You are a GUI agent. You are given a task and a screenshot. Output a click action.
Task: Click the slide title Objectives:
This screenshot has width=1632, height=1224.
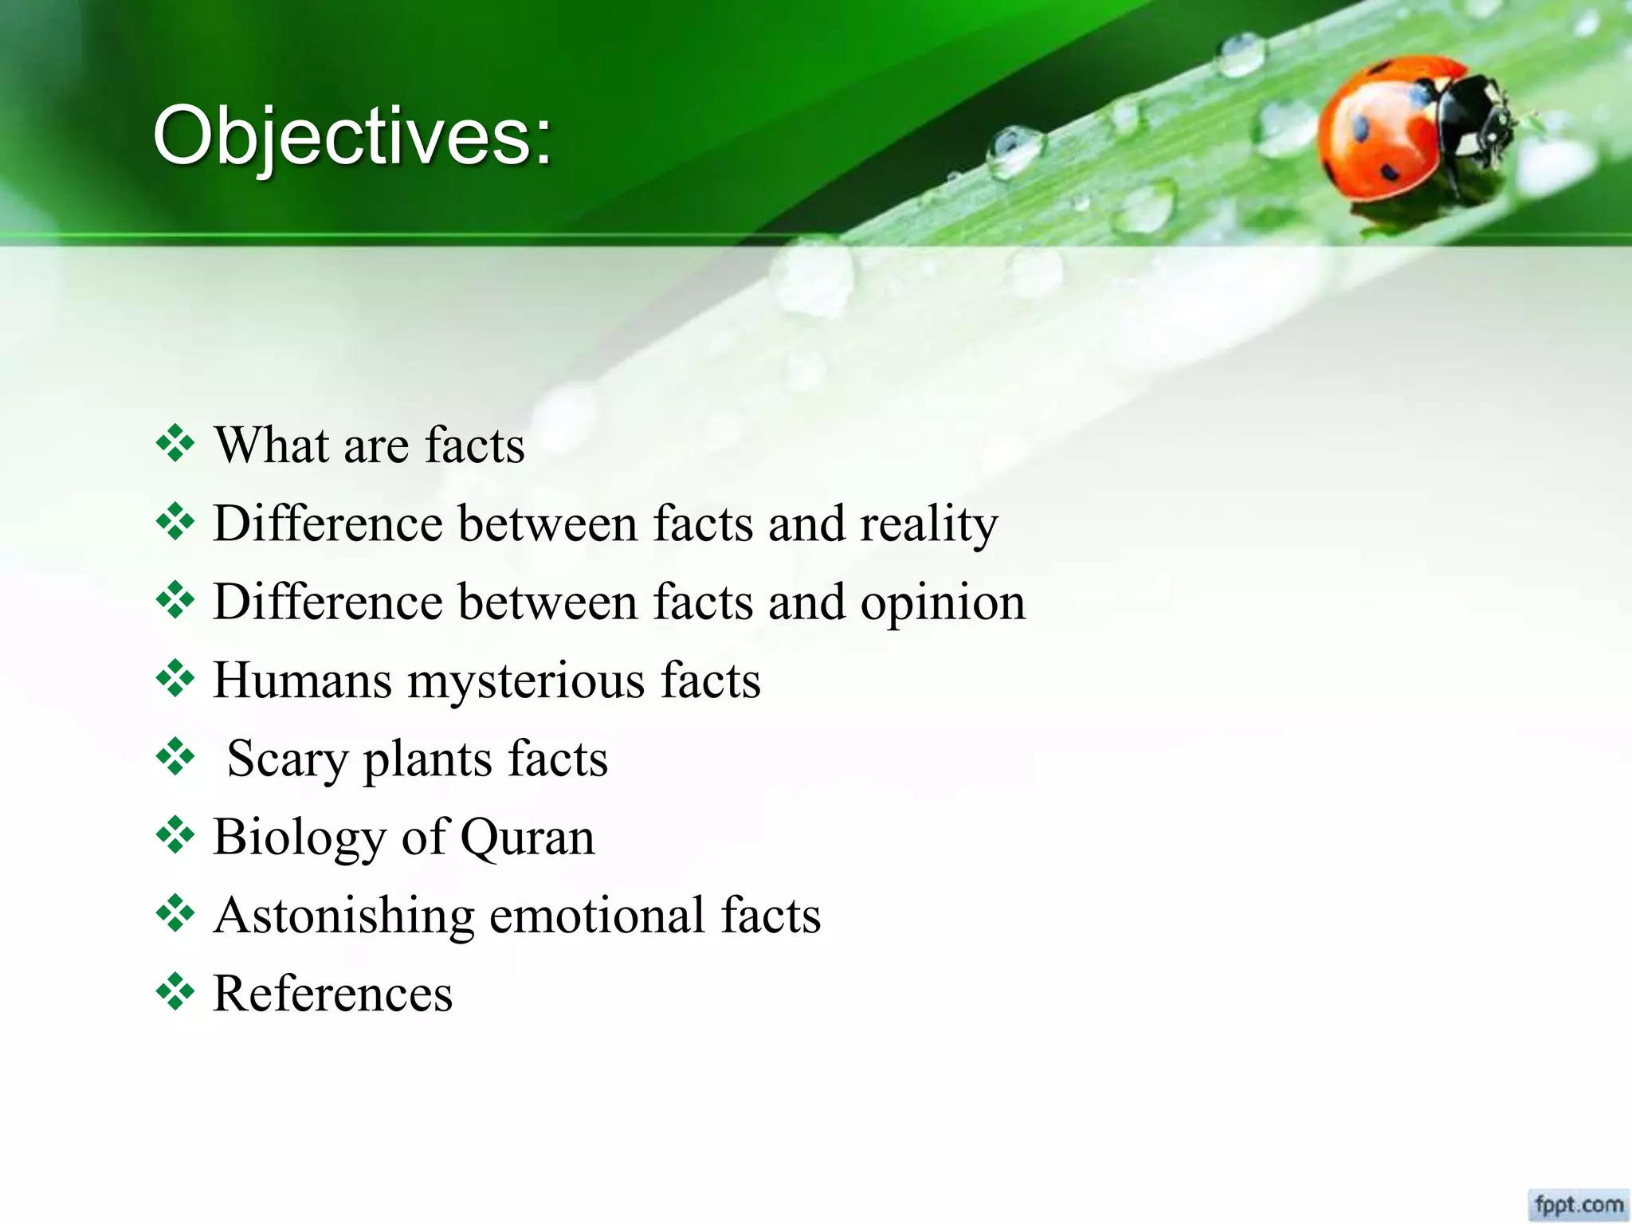(x=351, y=137)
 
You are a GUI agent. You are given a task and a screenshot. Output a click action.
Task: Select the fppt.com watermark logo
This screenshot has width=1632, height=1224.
(x=1579, y=1202)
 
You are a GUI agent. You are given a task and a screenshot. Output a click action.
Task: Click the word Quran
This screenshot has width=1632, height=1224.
(x=527, y=838)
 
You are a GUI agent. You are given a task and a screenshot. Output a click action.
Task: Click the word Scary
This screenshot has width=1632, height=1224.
(x=288, y=759)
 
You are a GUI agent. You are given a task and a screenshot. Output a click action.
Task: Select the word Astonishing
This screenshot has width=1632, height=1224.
(x=344, y=916)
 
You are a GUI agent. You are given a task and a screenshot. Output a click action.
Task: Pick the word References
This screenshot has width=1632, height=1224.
(x=333, y=994)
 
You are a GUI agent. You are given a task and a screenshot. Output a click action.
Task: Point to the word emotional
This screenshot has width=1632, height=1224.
(x=597, y=916)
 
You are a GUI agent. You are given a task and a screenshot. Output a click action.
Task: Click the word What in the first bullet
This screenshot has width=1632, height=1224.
(x=272, y=445)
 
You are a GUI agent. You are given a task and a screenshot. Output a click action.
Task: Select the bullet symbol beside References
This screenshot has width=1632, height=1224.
(x=175, y=992)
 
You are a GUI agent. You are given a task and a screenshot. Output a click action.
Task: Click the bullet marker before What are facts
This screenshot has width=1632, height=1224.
(x=175, y=443)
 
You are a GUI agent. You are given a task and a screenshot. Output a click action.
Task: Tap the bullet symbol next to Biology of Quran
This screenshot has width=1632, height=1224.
(x=175, y=836)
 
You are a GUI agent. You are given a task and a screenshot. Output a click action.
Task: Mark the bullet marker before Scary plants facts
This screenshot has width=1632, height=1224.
(x=175, y=757)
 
